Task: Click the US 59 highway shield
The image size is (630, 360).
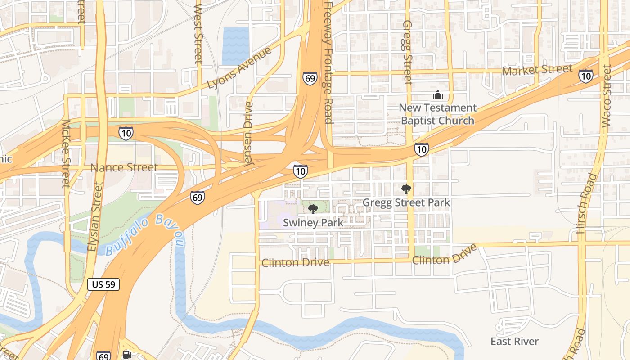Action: [103, 284]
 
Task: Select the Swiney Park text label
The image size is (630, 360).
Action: [313, 222]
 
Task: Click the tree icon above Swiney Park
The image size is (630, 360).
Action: [313, 209]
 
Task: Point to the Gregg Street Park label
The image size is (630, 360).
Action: [406, 202]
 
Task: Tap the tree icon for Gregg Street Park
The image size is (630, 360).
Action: [406, 189]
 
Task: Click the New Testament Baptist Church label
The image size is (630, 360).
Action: [437, 114]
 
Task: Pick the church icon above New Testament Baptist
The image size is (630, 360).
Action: [437, 95]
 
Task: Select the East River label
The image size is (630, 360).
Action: [514, 342]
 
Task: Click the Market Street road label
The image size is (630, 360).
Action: [537, 70]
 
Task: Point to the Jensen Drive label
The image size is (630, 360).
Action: [249, 135]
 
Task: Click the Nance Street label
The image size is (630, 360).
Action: [124, 167]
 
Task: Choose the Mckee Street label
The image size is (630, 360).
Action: [66, 153]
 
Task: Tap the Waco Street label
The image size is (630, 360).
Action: [606, 96]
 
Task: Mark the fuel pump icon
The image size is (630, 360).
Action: [127, 355]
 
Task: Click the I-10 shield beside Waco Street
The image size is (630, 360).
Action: [585, 76]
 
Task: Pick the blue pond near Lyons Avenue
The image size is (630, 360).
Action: [235, 45]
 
